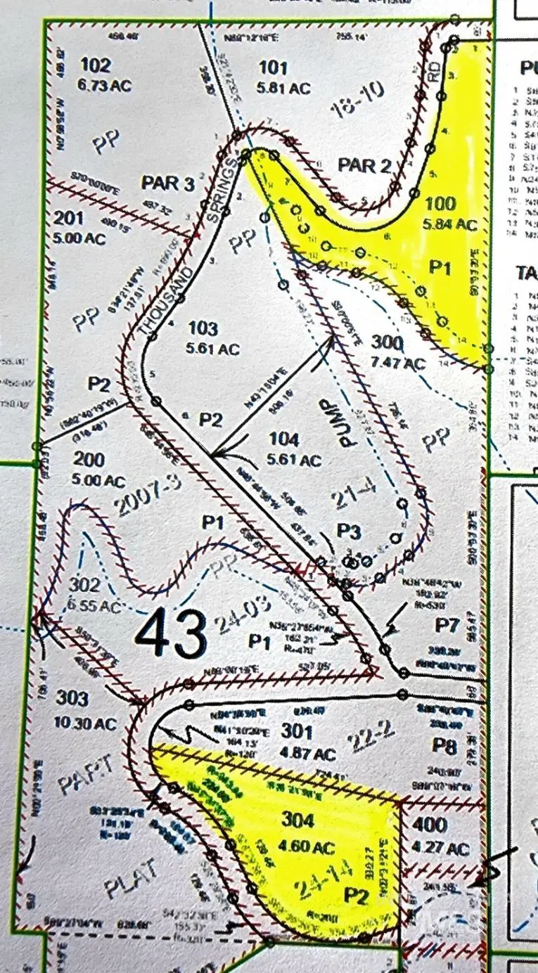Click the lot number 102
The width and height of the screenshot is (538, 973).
click(x=96, y=66)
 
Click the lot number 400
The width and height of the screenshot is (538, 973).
click(x=431, y=825)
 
